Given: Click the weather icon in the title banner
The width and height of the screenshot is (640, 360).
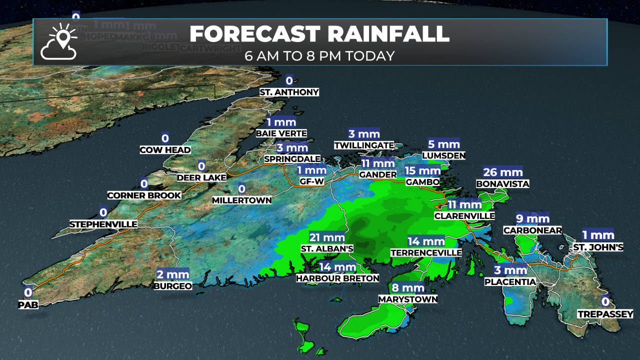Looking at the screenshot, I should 59,41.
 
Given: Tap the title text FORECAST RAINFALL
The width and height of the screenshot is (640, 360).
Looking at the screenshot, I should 319,34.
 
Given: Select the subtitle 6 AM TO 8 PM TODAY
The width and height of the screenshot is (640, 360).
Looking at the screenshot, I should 319,55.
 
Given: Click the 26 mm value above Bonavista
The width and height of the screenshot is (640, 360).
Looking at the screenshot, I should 502,172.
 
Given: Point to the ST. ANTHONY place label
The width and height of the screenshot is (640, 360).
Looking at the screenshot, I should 289,92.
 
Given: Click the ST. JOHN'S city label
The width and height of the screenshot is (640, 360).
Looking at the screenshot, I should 598,247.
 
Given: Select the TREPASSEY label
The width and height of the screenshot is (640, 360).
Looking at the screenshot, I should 605,314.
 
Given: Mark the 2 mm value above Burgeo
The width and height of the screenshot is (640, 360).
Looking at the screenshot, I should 172,274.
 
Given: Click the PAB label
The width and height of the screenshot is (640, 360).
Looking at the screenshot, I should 28,303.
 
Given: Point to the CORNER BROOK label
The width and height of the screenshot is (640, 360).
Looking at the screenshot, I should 144,195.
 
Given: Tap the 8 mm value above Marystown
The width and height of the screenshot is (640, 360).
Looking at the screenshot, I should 408,288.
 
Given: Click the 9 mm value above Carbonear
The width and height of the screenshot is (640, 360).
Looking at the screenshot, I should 532,218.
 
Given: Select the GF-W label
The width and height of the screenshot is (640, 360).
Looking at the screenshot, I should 311,181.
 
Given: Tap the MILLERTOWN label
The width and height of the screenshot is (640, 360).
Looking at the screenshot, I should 242,200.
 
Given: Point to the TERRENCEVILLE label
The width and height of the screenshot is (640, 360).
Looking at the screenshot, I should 426,253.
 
